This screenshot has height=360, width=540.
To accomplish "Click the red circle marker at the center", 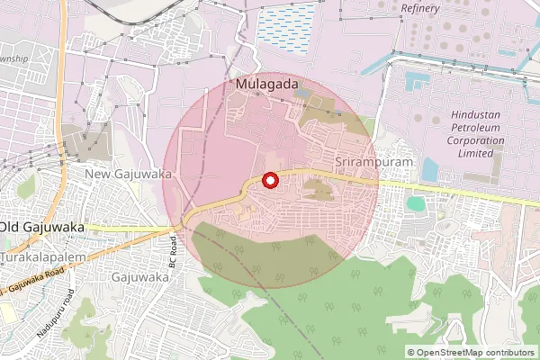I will pyautogui.click(x=269, y=181).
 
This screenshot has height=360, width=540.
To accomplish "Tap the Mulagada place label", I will pyautogui.click(x=265, y=85).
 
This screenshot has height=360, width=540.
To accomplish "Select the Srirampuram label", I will pyautogui.click(x=373, y=161).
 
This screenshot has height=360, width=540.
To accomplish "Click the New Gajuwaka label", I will pyautogui.click(x=128, y=173).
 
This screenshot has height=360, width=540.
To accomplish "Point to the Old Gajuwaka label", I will pyautogui.click(x=43, y=228).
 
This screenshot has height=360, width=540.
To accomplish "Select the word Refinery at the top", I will pyautogui.click(x=420, y=8).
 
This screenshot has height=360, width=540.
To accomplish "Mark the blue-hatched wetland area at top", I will pyautogui.click(x=287, y=24).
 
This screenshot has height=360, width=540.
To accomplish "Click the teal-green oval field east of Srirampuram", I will pyautogui.click(x=415, y=203).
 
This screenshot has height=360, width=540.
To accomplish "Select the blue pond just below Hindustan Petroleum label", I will pyautogui.click(x=430, y=169).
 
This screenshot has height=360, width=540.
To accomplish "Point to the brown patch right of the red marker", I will pyautogui.click(x=317, y=189).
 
